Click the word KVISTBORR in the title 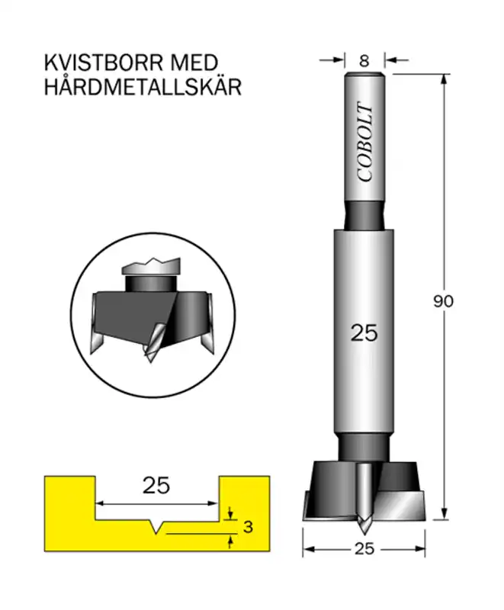tap(104, 63)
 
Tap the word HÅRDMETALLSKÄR tap(143, 86)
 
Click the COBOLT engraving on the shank tap(364, 142)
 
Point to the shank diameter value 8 tap(364, 61)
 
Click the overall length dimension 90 tap(444, 301)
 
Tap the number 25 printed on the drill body tap(364, 333)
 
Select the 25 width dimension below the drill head tap(364, 548)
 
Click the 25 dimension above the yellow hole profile tap(156, 486)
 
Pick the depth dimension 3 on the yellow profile tap(248, 527)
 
